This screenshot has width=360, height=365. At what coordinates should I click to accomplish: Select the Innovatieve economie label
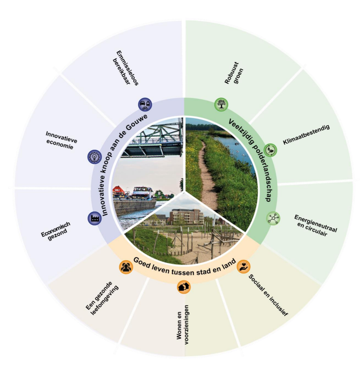[x=61, y=140]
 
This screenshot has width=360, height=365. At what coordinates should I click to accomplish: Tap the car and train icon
[x=145, y=105]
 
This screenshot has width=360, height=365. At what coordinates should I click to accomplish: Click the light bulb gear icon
[x=94, y=156]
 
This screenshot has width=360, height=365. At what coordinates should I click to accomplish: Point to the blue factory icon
[x=94, y=218]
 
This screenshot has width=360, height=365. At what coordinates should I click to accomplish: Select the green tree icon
[x=221, y=105]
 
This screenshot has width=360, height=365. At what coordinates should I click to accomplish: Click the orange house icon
[x=183, y=287]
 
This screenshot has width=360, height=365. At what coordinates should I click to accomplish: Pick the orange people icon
[x=126, y=267]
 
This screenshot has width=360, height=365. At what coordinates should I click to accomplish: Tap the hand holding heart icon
[x=243, y=267]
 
